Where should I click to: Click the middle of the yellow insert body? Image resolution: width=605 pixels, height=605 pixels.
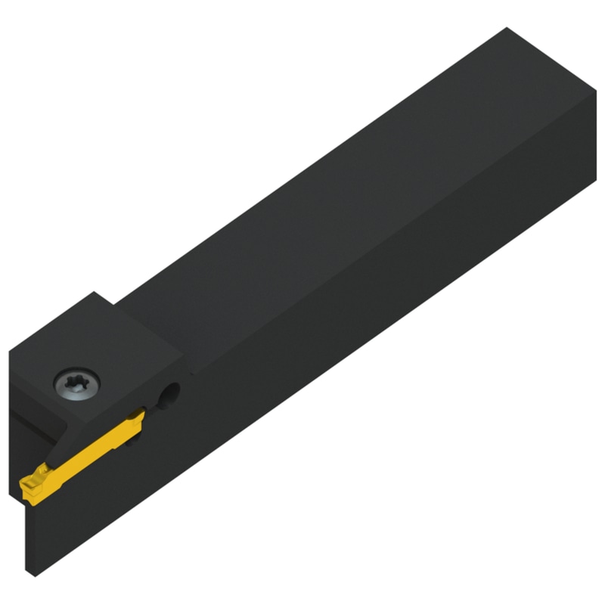click(x=83, y=451)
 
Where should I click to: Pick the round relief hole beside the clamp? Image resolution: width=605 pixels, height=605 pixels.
click(x=172, y=392)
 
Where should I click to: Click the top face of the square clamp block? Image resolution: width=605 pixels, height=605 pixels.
click(x=98, y=340)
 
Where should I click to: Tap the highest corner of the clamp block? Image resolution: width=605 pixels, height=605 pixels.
click(x=94, y=292)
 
